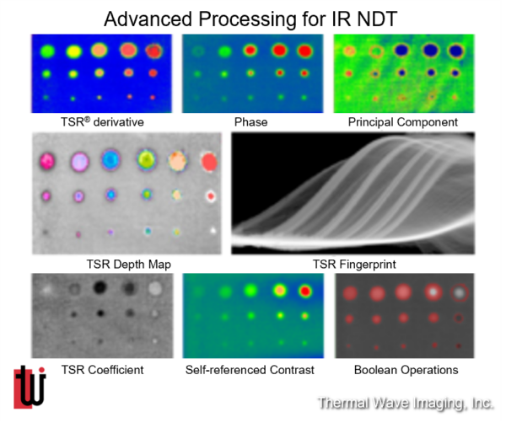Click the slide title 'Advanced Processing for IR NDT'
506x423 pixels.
(250, 19)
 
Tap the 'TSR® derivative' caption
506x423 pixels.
(102, 122)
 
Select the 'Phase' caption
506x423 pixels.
(250, 122)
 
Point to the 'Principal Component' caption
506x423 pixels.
(403, 122)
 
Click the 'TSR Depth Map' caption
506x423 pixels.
(129, 264)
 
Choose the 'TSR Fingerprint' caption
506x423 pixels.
(354, 264)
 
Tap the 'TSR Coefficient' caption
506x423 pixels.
(102, 369)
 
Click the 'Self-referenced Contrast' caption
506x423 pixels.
(250, 369)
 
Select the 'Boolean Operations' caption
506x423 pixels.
(406, 369)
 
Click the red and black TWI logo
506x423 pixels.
(30, 387)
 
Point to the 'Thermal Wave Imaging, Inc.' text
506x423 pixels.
(406, 404)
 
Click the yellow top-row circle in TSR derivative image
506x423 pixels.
(74, 51)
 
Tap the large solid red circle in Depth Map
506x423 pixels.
(209, 161)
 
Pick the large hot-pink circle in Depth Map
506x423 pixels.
(47, 161)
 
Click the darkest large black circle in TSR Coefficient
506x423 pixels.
(100, 287)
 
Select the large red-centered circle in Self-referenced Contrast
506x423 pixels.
(305, 292)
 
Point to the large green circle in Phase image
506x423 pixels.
(224, 51)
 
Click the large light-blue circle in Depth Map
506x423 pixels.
(111, 160)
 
